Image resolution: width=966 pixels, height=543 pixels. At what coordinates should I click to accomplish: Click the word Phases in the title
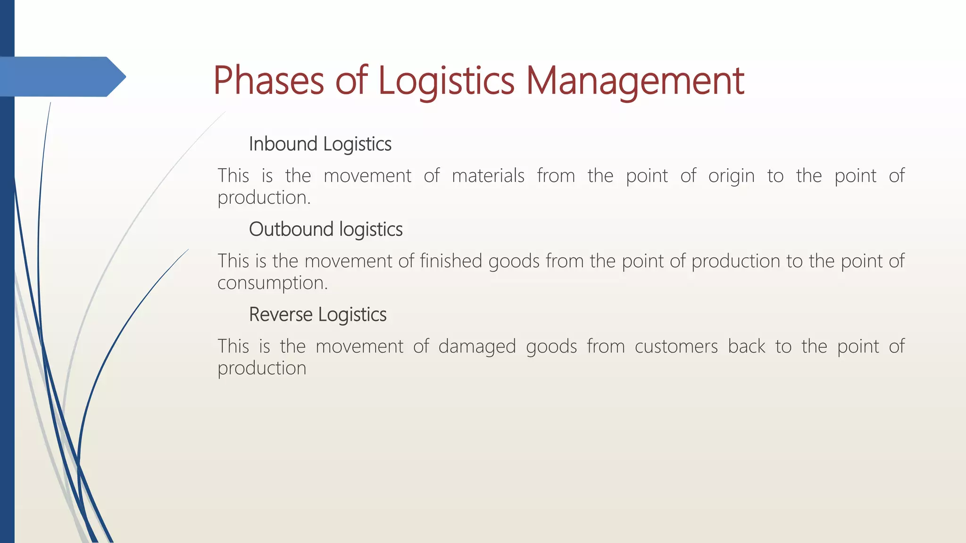(x=268, y=81)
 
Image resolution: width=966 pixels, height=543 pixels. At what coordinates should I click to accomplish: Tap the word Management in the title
(x=634, y=81)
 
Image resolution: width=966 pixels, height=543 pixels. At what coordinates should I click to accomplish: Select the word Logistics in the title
(x=446, y=81)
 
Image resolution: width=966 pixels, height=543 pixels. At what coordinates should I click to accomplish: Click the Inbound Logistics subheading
(x=320, y=144)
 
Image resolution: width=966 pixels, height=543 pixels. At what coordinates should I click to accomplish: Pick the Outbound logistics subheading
(x=325, y=230)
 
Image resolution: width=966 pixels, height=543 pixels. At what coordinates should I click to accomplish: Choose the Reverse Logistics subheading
(x=317, y=315)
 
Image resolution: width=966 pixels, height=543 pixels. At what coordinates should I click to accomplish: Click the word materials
(x=488, y=176)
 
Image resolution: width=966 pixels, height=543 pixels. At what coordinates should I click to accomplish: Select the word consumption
(x=272, y=283)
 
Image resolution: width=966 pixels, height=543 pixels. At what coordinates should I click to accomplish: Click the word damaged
(x=477, y=347)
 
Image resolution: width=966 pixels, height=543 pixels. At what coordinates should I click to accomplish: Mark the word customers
(x=676, y=346)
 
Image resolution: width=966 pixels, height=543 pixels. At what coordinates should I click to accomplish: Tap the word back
(x=746, y=346)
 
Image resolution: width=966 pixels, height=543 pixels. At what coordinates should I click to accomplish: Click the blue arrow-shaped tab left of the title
(x=61, y=77)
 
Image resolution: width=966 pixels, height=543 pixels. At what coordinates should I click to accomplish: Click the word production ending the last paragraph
(x=262, y=369)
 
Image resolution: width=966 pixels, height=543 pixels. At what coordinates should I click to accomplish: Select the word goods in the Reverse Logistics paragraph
(x=551, y=347)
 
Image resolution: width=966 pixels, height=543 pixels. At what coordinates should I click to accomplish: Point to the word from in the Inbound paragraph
(x=556, y=176)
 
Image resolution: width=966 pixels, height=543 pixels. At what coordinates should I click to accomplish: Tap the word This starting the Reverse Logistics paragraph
(x=233, y=346)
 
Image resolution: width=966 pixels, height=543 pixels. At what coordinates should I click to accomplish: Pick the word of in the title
(x=351, y=81)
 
